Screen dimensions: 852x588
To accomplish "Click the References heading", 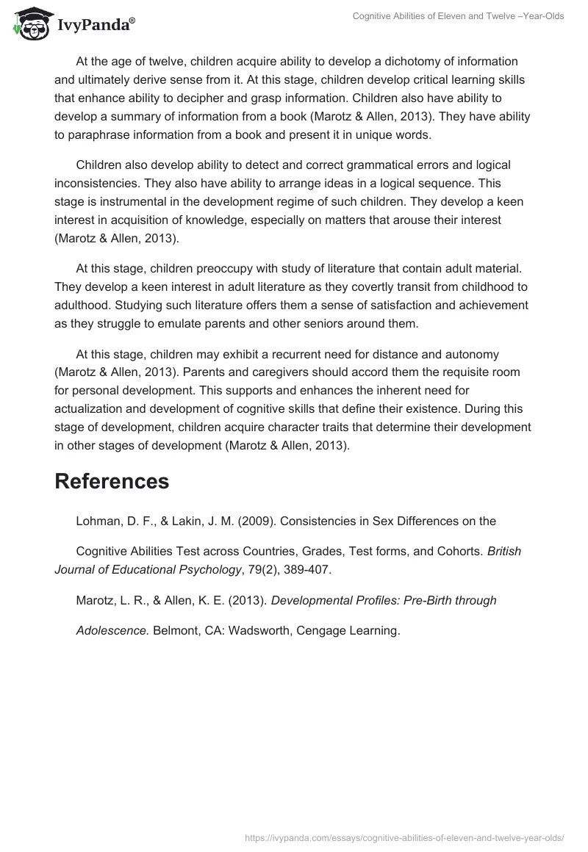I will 112,481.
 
